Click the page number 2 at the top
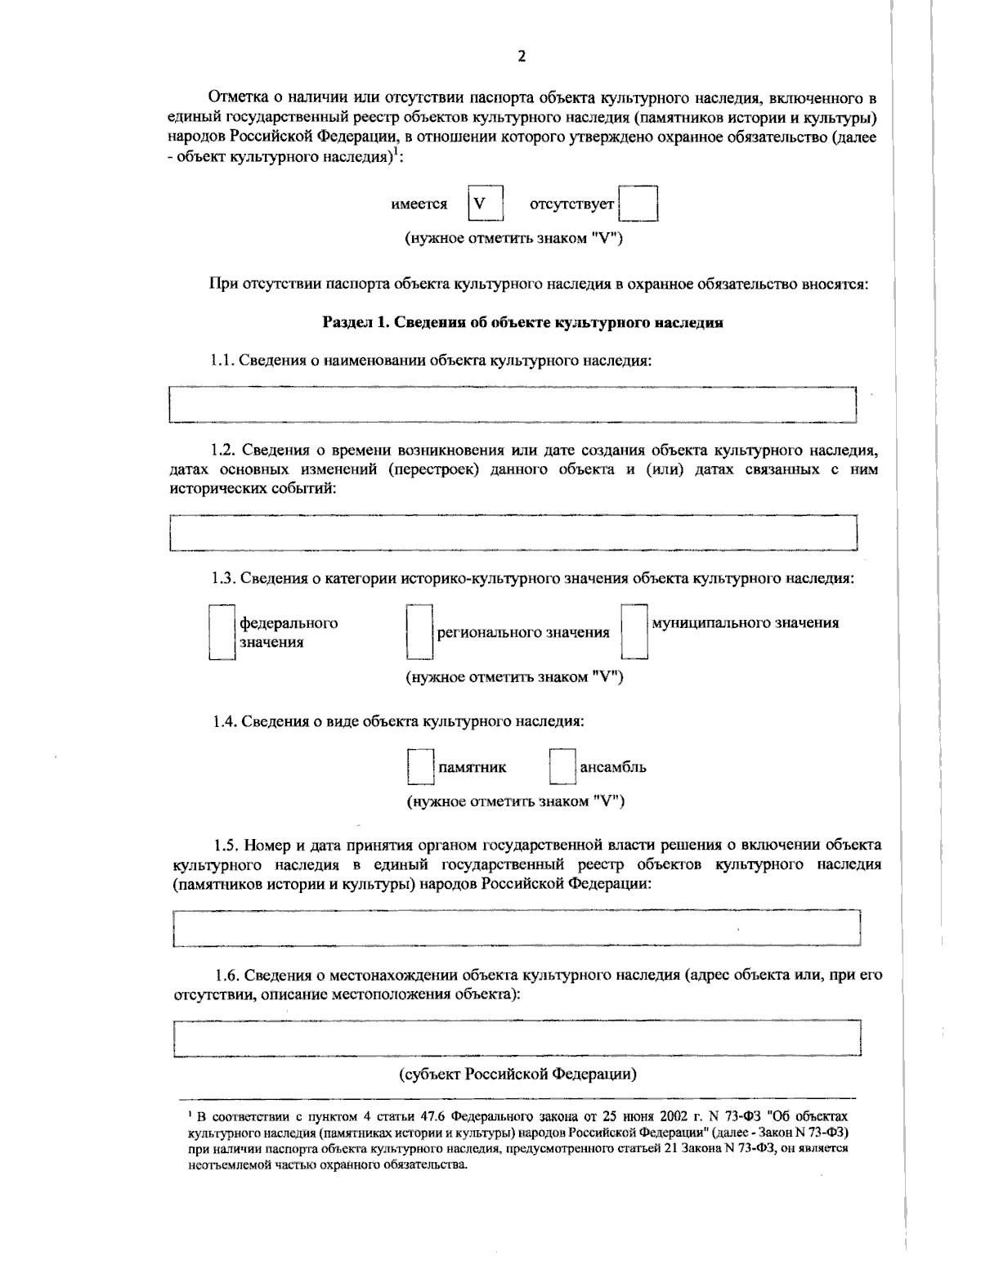(522, 56)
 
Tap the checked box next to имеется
(485, 204)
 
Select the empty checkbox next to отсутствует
(638, 204)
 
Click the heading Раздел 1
(522, 322)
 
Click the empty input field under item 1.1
(512, 405)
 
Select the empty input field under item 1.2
(512, 533)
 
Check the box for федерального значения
(222, 632)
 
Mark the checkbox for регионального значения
(419, 632)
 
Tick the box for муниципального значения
(634, 632)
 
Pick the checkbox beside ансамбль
(562, 767)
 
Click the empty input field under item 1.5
(517, 927)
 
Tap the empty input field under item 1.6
(517, 1039)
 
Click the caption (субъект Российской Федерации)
(517, 1074)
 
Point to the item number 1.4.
(224, 721)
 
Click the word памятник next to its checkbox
(473, 767)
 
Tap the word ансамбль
(613, 767)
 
